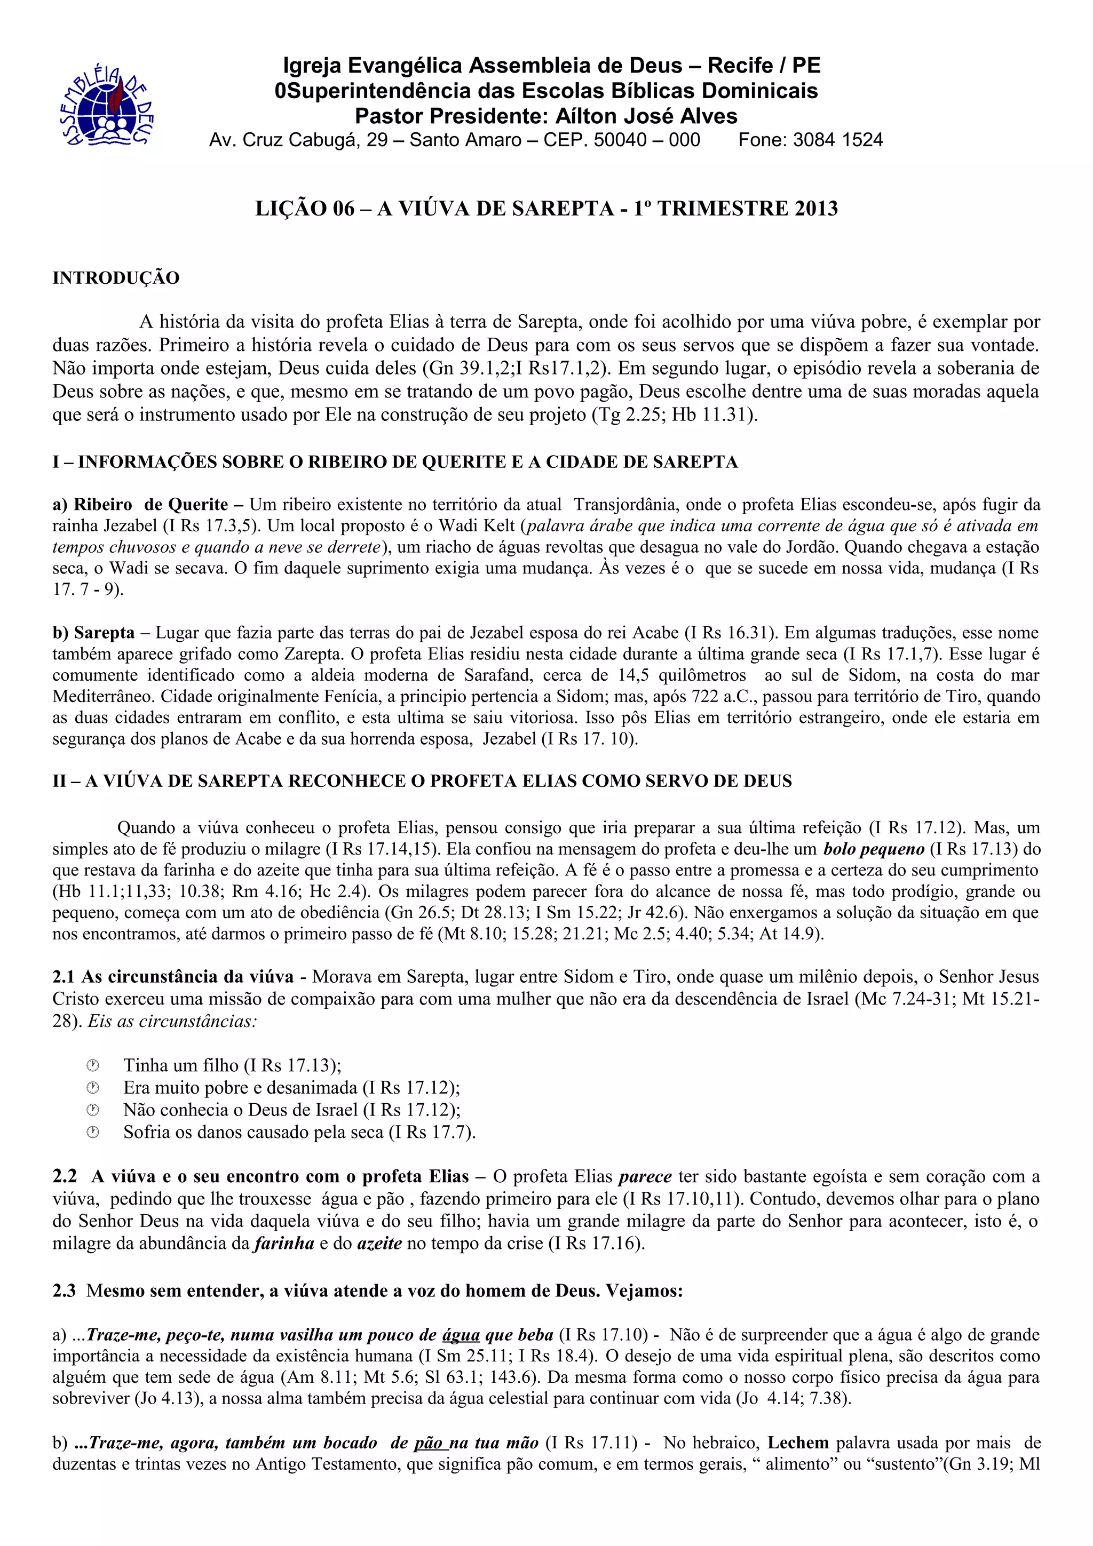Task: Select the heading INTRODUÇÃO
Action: coord(116,278)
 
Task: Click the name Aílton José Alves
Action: coord(646,116)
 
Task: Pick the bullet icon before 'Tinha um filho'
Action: coord(93,1065)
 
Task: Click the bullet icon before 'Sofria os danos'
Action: coord(93,1132)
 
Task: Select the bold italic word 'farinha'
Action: coord(283,1243)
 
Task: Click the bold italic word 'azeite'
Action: coord(379,1243)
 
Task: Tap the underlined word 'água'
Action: coord(461,1335)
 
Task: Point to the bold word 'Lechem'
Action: coord(798,1443)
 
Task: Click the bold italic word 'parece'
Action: coord(645,1176)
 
